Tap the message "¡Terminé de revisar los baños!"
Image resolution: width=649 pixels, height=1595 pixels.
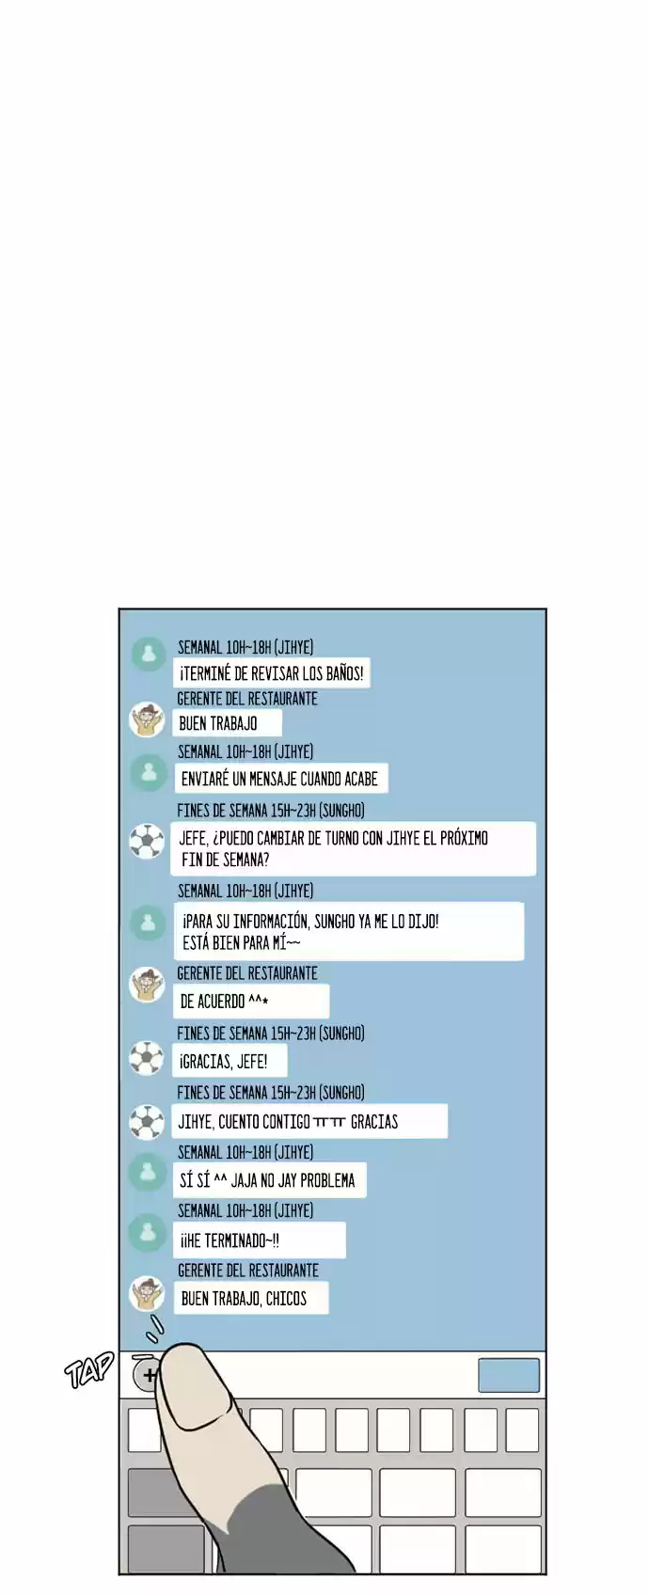pyautogui.click(x=272, y=673)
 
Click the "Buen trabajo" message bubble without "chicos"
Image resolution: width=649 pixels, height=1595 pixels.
pyautogui.click(x=228, y=723)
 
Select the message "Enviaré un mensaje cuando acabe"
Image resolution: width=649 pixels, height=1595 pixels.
pyautogui.click(x=280, y=779)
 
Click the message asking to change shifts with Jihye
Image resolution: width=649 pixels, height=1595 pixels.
pyautogui.click(x=354, y=848)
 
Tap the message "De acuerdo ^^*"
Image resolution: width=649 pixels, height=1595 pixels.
pyautogui.click(x=251, y=1002)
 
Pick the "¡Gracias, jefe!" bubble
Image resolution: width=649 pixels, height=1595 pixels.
pyautogui.click(x=230, y=1062)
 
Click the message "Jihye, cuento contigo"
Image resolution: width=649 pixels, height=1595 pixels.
pyautogui.click(x=309, y=1121)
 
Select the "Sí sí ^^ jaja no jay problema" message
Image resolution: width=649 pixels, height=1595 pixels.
pyautogui.click(x=269, y=1180)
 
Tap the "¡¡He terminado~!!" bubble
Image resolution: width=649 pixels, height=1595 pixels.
pyautogui.click(x=260, y=1240)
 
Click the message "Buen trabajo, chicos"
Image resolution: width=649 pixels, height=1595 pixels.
pyautogui.click(x=250, y=1298)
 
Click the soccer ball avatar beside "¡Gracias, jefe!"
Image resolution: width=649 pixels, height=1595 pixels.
pyautogui.click(x=147, y=1059)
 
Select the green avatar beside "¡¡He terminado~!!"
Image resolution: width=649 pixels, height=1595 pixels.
pyautogui.click(x=149, y=1232)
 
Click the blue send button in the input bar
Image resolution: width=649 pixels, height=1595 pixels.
pyautogui.click(x=509, y=1375)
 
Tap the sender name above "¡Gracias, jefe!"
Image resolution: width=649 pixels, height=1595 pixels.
pyautogui.click(x=271, y=1034)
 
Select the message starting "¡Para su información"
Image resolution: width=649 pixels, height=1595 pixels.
pyautogui.click(x=349, y=931)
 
